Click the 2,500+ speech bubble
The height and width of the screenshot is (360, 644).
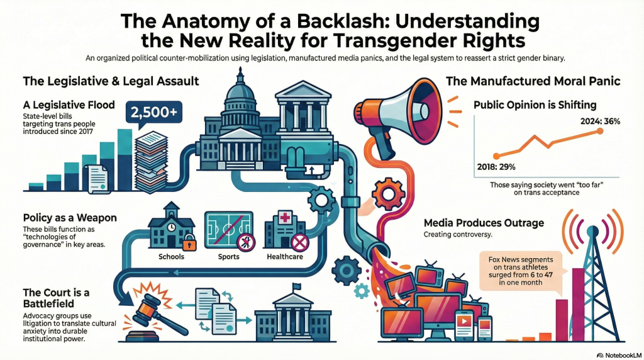tap(152, 113)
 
